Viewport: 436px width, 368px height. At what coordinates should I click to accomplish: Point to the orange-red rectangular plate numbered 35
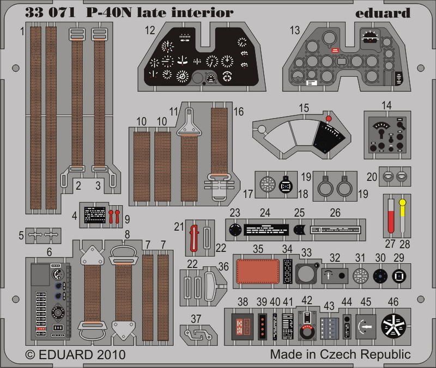click(x=255, y=269)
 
